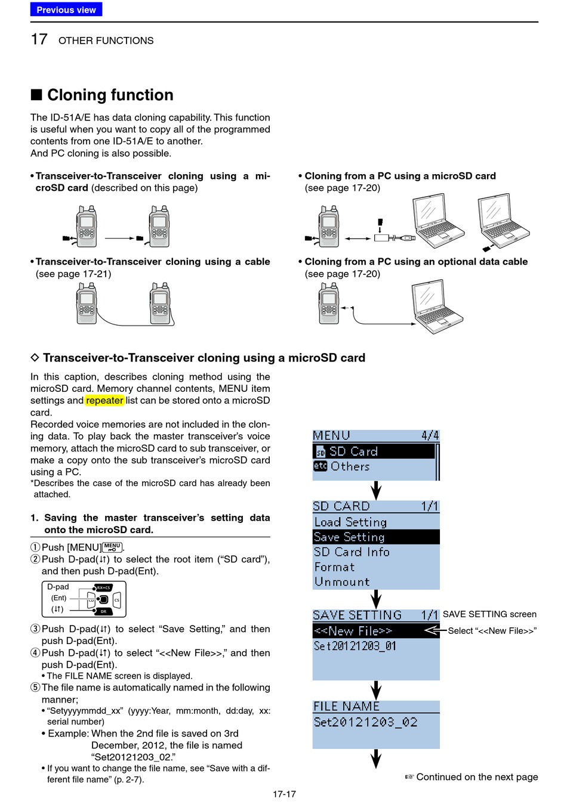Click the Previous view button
66,10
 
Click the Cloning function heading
110,95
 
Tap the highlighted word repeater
104,401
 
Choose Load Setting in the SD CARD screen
350,522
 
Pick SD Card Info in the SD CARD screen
352,552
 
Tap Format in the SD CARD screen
334,567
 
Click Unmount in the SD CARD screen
342,582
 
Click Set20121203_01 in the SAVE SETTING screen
355,646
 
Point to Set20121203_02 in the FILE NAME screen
365,722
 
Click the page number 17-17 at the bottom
284,794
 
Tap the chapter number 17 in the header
39,40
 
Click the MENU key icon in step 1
112,547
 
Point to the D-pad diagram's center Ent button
103,599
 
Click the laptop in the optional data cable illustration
438,307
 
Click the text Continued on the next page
476,777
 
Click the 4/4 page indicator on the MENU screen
430,436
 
